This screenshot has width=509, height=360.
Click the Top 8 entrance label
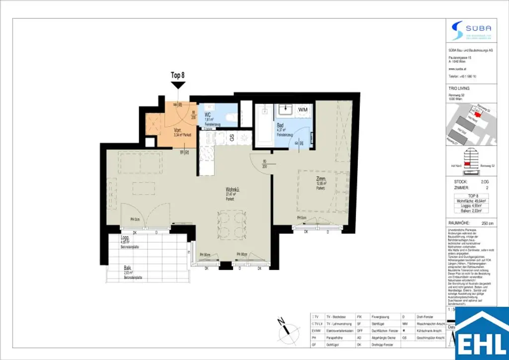177,75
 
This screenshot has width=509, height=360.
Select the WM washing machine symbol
303,109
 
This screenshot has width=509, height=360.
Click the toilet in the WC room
229,117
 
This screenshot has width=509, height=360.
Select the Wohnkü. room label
234,189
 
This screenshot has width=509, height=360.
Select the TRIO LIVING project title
459,89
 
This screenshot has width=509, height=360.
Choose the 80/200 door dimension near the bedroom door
264,164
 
